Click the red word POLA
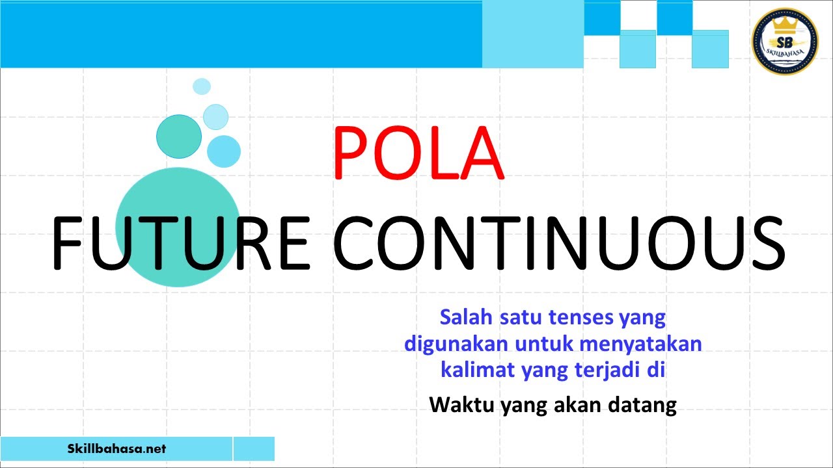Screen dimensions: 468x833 [x=418, y=154]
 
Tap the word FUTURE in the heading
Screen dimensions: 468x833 [x=180, y=245]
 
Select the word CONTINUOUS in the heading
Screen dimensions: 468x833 [x=558, y=245]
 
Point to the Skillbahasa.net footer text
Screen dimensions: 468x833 [x=117, y=448]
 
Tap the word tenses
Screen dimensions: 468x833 [x=581, y=318]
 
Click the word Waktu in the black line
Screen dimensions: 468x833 [x=461, y=405]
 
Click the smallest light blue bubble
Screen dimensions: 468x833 [x=202, y=86]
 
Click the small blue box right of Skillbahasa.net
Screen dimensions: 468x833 [x=254, y=448]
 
